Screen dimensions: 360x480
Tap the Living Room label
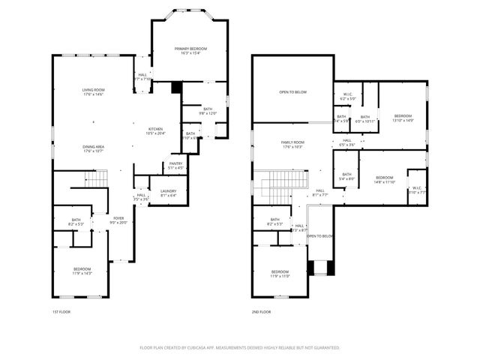93,92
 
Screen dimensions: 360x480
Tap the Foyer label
118,220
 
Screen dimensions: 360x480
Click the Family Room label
292,144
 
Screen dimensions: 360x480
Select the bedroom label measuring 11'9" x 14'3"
82,271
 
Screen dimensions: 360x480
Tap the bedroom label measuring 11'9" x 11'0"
280,273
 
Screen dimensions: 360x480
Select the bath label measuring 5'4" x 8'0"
346,177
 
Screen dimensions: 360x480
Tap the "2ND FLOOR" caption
260,311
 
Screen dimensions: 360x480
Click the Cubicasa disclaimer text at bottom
239,347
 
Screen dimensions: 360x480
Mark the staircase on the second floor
284,184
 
